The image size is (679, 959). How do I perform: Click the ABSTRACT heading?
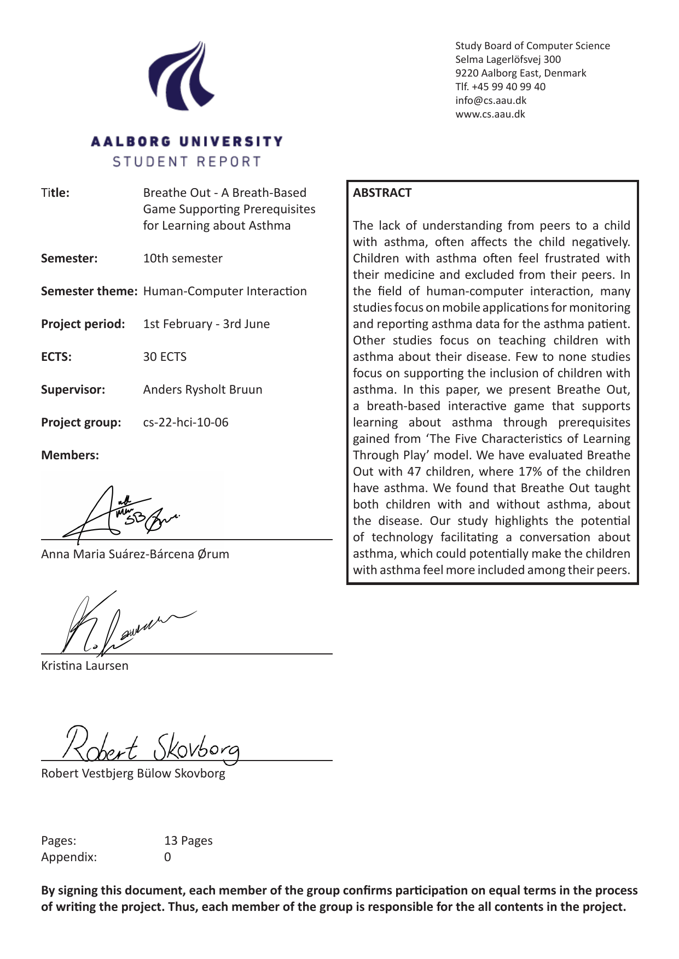pos(382,193)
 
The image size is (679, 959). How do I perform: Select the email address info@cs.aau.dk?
pos(491,101)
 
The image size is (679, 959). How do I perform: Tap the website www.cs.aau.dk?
pos(490,114)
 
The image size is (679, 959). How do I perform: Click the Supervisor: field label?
pos(73,390)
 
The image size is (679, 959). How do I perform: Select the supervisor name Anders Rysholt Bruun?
pos(202,390)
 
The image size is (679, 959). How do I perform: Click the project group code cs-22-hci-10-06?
pos(185,423)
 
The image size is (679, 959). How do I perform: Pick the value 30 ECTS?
pos(165,357)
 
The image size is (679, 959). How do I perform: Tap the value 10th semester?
pos(183,259)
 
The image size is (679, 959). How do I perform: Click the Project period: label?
pos(83,324)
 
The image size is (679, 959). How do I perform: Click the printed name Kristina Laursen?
pos(85,666)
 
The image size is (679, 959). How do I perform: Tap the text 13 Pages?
pos(188,841)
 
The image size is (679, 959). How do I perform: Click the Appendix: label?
pos(69,857)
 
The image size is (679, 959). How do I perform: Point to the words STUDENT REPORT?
pos(187,162)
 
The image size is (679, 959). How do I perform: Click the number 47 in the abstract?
pos(414,472)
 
